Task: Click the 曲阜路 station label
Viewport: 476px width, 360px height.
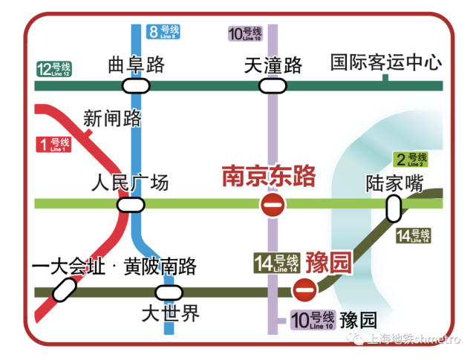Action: coord(136,65)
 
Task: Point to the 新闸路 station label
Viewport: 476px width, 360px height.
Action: coord(112,118)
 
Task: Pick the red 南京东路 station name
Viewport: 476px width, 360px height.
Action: coord(269,177)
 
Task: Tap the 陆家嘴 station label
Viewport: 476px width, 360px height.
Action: coord(394,183)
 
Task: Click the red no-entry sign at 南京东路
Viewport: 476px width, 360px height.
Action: coord(272,204)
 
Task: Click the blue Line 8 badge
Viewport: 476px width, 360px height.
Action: coord(163,31)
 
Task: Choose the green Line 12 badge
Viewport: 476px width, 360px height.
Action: coord(53,69)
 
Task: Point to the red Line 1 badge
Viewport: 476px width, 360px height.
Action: coord(53,144)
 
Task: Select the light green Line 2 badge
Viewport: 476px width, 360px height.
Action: coord(410,160)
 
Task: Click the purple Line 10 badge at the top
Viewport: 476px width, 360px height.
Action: coord(246,33)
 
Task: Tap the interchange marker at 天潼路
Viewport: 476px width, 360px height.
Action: coord(272,86)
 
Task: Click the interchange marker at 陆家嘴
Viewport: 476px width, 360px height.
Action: coord(393,210)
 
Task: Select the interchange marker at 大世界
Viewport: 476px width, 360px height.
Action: coord(168,292)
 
